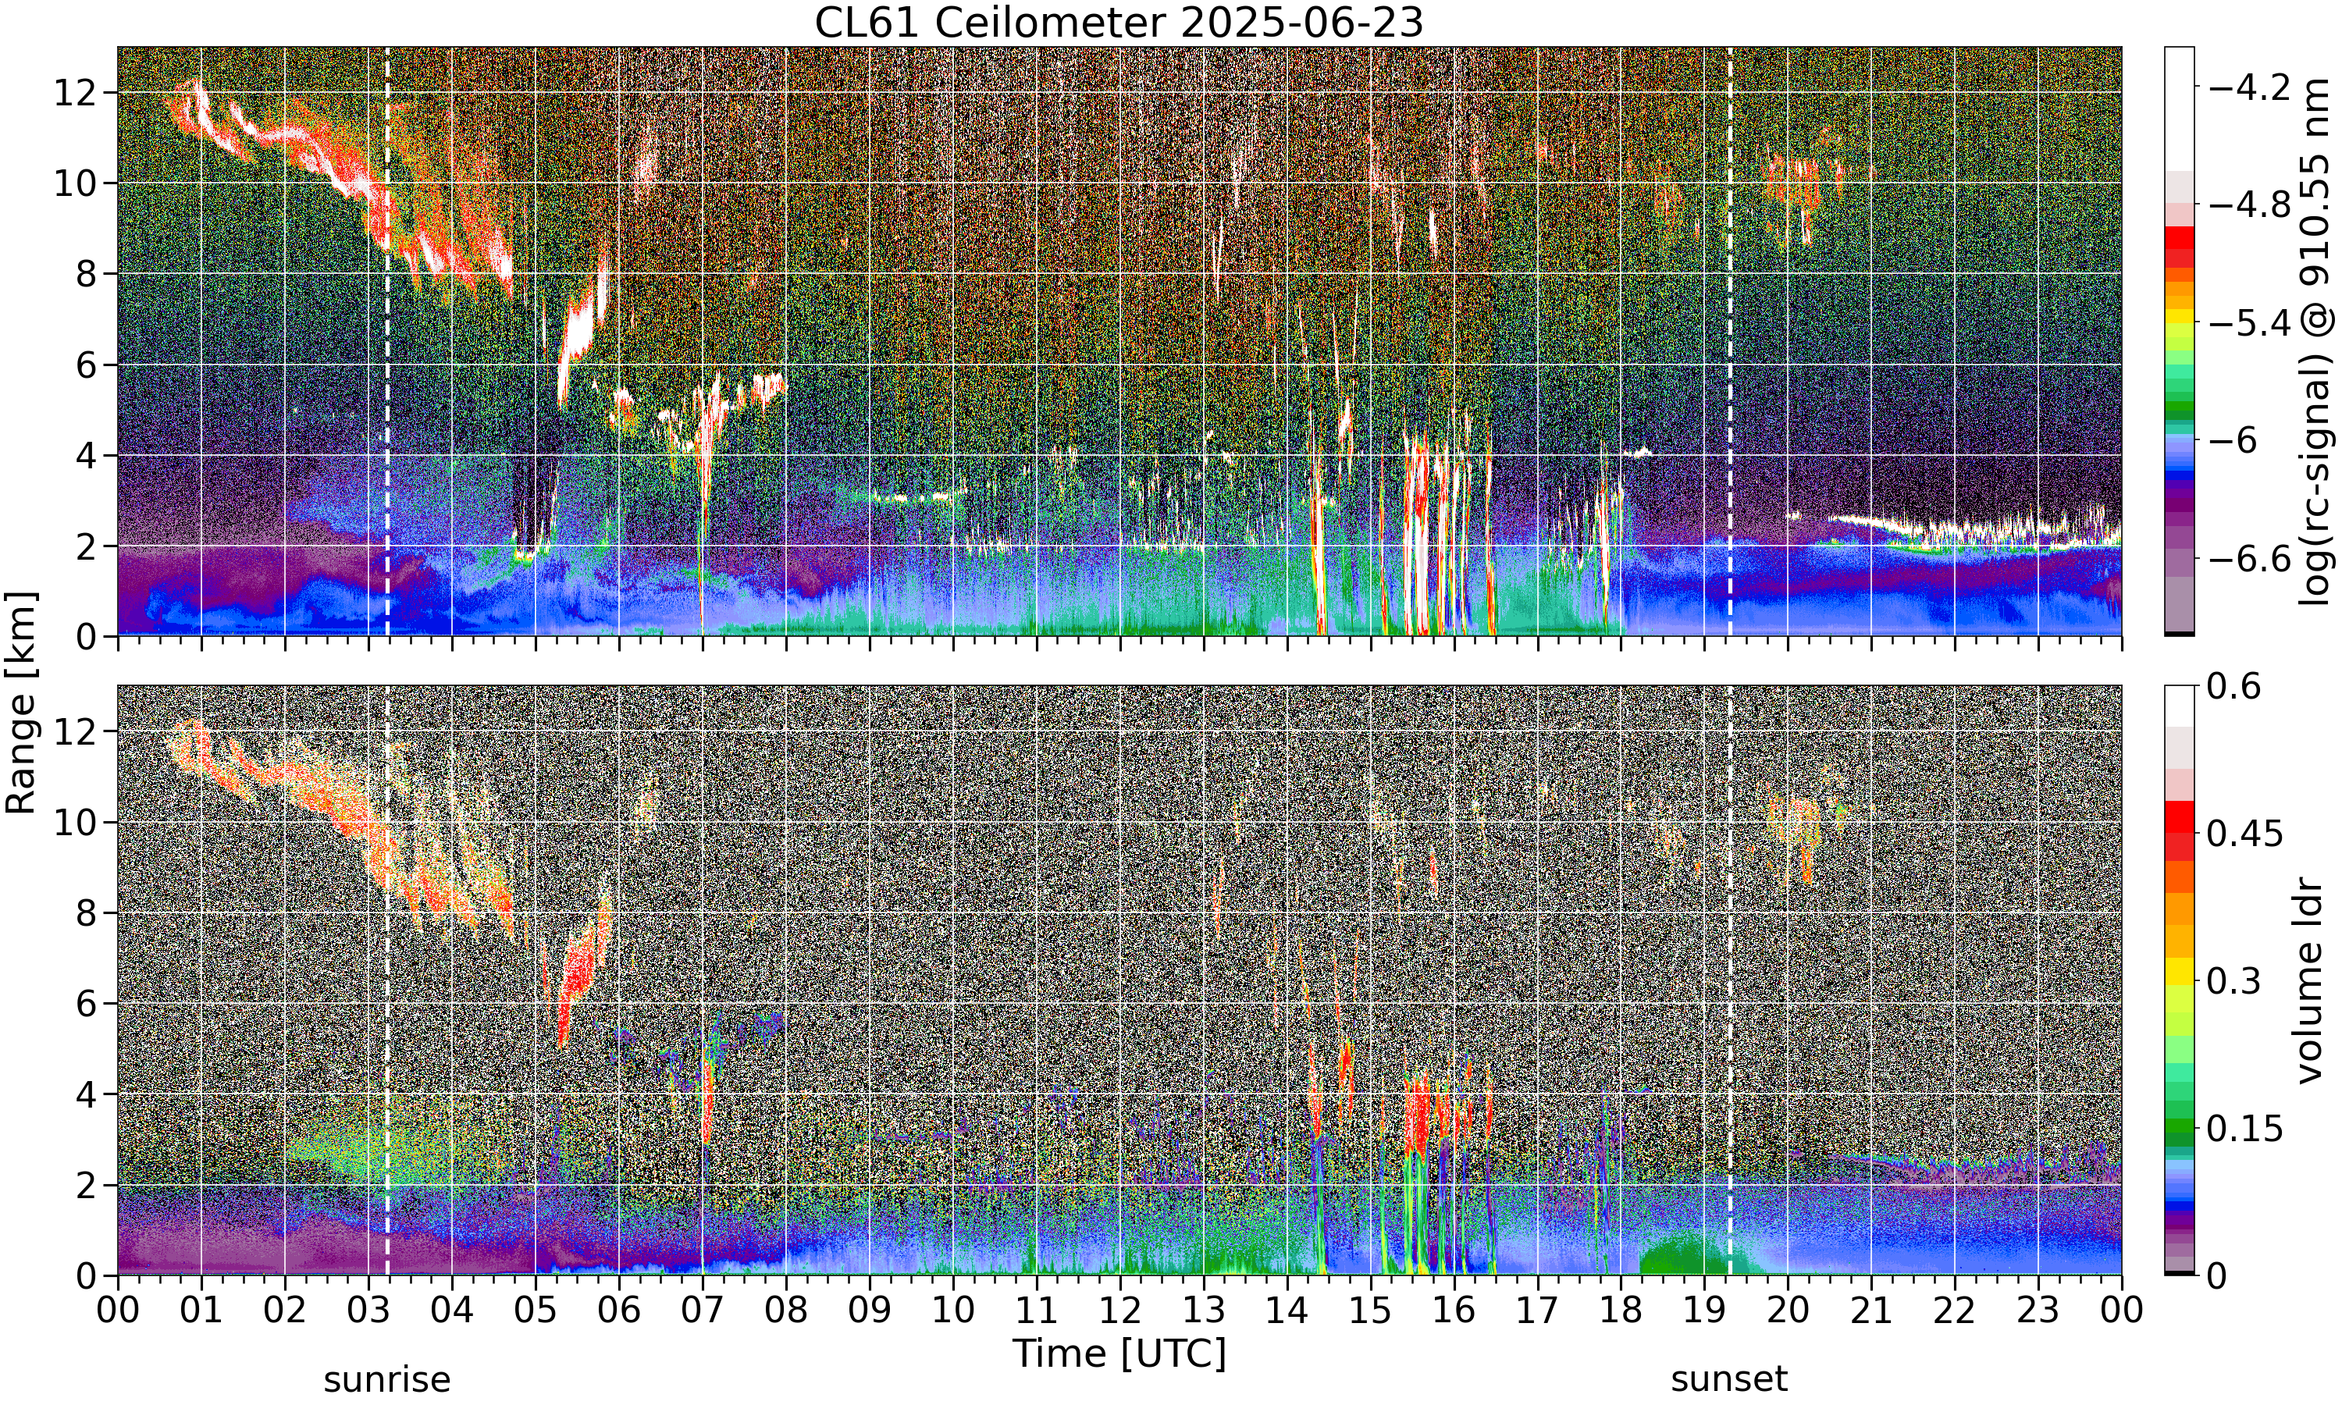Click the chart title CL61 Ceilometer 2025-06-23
pos(1119,23)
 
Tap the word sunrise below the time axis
pos(387,1378)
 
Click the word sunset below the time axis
pos(1729,1378)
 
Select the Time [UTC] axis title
pos(1119,1354)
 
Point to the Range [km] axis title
pos(21,703)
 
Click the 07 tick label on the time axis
pos(703,1311)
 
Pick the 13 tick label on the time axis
pos(1203,1311)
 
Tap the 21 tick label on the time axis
pos(1871,1311)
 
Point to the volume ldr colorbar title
pos(2311,981)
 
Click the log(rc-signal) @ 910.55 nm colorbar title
pos(2316,342)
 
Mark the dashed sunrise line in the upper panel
pos(387,342)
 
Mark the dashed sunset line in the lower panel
pos(1729,981)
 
